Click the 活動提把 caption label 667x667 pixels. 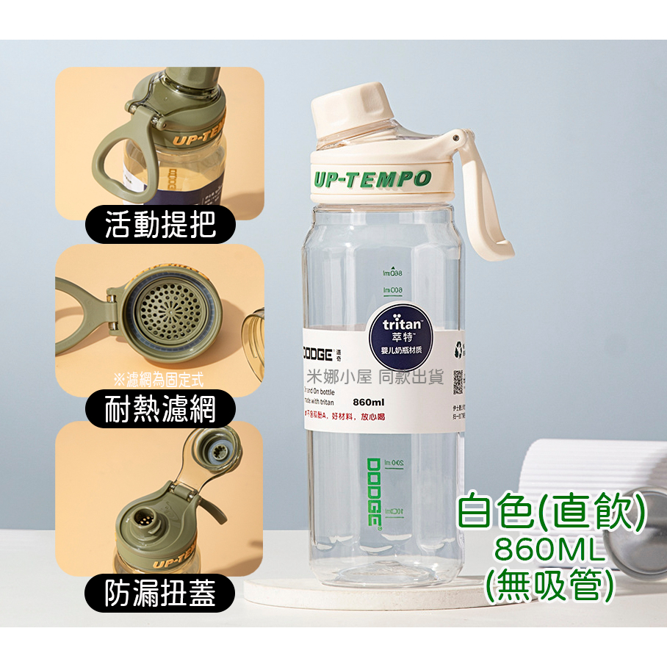[160, 223]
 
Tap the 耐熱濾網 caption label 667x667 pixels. [160, 408]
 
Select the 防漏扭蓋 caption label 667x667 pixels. [160, 592]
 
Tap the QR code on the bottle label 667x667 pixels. [458, 381]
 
